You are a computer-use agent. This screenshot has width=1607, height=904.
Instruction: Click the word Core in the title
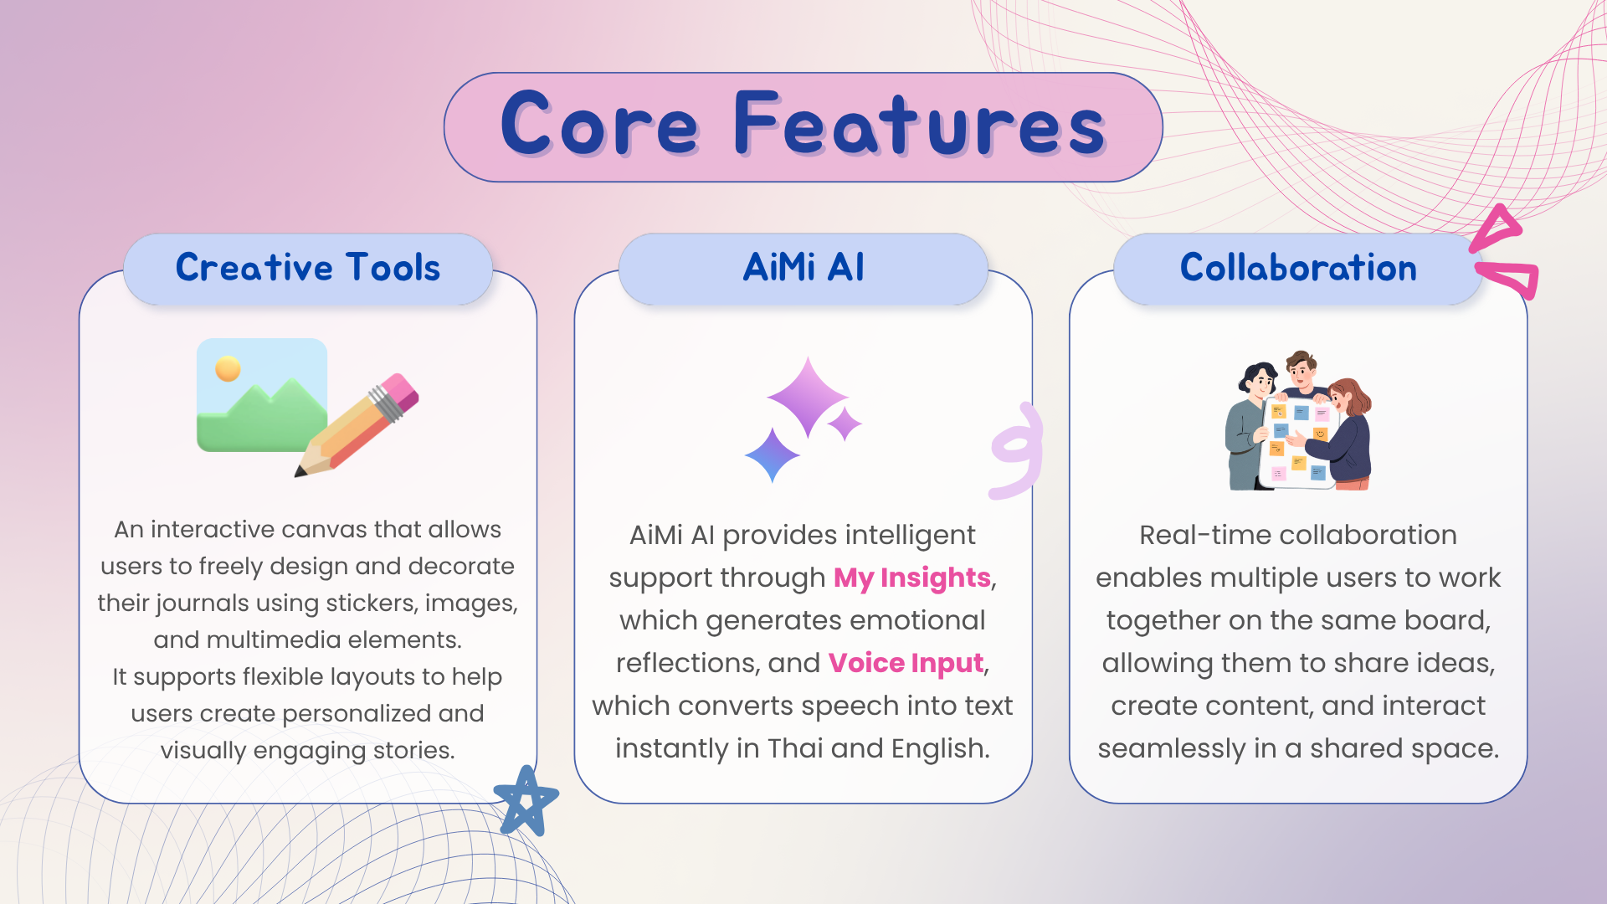point(599,125)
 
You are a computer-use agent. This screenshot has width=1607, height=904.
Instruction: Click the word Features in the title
point(920,125)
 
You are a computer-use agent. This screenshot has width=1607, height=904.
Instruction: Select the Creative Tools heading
point(308,268)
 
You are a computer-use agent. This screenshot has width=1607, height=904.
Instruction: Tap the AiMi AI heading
point(803,268)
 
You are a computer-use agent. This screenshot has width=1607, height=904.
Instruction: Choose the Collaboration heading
point(1298,268)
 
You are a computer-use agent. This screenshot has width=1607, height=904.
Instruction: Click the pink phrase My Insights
point(912,578)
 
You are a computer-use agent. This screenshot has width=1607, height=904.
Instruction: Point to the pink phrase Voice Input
point(906,663)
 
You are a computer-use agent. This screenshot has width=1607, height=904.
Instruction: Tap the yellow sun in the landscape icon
point(228,368)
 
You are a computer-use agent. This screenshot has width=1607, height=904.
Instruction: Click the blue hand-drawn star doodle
point(526,801)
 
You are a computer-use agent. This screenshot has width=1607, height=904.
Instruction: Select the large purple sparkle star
point(807,397)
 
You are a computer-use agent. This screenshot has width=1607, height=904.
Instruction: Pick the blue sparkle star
point(772,455)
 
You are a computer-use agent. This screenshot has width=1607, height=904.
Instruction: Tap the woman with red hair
point(1344,434)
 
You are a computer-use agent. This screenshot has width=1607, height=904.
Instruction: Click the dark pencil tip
point(300,472)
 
